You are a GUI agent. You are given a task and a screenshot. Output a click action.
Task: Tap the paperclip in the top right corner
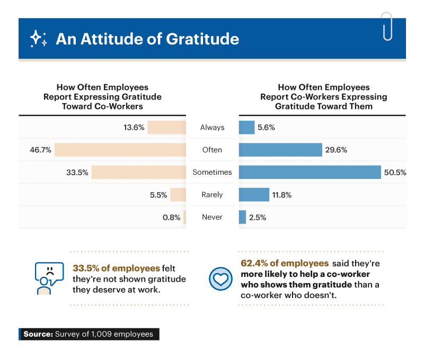[386, 26]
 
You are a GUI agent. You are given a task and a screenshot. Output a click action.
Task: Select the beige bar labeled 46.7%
[120, 150]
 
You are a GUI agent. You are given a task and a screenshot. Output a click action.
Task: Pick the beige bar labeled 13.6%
[167, 128]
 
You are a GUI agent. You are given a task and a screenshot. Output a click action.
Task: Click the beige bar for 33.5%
[139, 172]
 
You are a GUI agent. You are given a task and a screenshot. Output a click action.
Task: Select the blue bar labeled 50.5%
[310, 172]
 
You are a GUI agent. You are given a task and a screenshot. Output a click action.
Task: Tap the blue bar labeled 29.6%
[280, 150]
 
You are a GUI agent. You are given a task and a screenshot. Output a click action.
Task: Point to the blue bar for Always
[246, 128]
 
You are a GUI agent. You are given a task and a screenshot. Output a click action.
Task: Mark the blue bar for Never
[242, 217]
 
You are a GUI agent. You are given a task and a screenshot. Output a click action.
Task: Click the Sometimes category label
[212, 172]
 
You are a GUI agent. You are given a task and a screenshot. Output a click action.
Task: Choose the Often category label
[212, 150]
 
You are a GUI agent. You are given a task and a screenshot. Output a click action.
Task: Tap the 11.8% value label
[282, 195]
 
